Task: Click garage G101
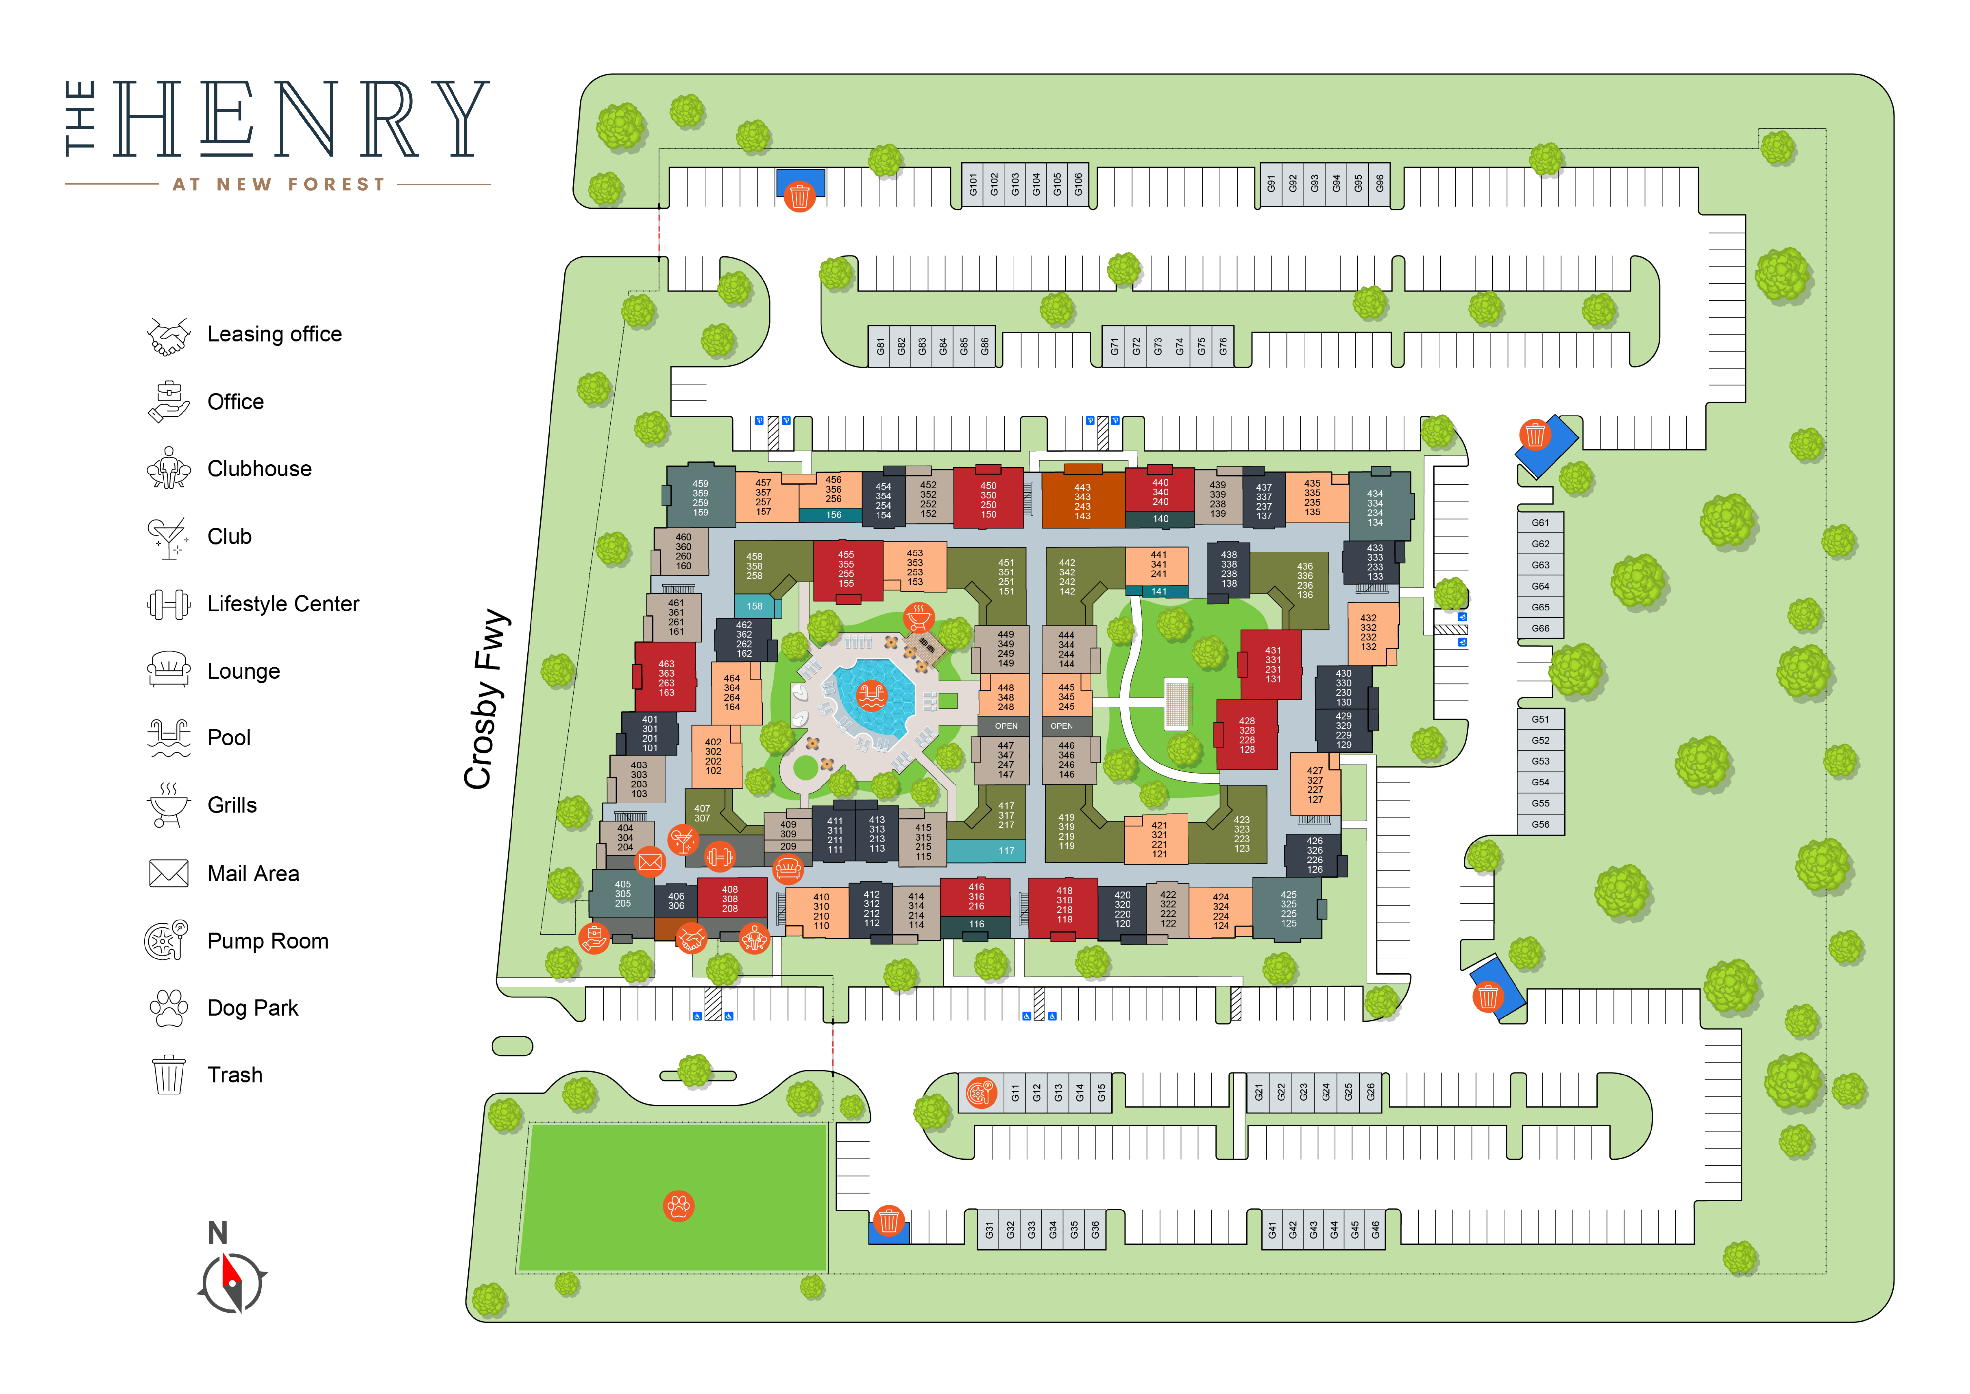tap(973, 184)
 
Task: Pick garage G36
tap(1095, 1230)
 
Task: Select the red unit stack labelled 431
tap(1272, 664)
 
